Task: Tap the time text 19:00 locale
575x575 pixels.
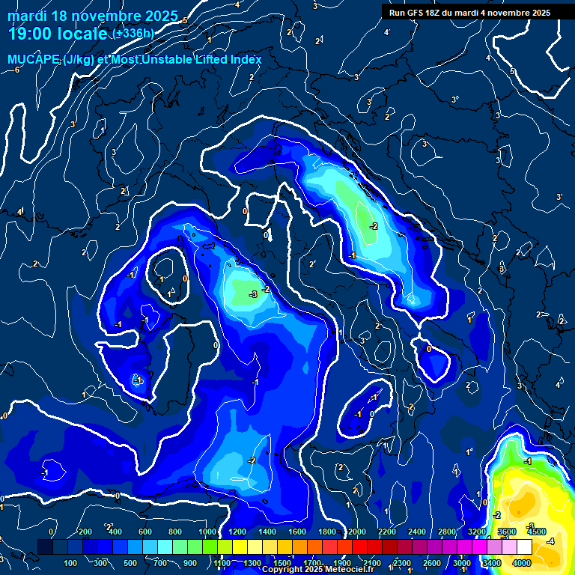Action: [x=57, y=34]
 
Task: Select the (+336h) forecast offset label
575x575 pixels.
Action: [x=133, y=34]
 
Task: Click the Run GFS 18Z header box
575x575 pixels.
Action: [x=469, y=13]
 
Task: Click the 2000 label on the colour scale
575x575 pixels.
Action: [x=357, y=532]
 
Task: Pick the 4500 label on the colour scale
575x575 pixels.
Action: [x=537, y=532]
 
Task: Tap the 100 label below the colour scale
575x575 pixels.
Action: [x=71, y=563]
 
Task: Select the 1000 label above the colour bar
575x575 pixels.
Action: [x=207, y=532]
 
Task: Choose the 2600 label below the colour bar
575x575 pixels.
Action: [x=432, y=563]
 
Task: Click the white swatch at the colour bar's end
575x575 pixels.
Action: [x=523, y=547]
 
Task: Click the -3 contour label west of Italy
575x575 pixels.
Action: [x=253, y=295]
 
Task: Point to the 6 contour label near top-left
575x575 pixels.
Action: [x=16, y=70]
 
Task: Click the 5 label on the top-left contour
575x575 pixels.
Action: [x=185, y=20]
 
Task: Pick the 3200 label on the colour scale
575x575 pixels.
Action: [x=477, y=532]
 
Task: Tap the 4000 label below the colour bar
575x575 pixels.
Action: [x=522, y=563]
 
